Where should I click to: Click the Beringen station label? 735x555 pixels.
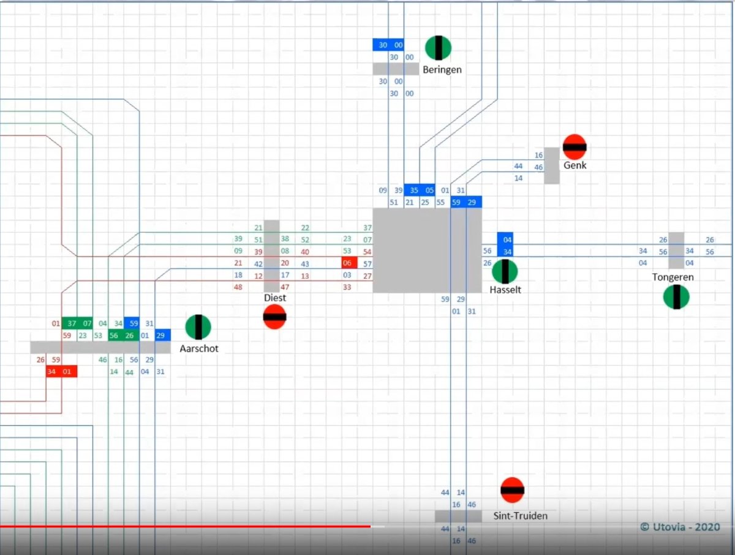pyautogui.click(x=442, y=70)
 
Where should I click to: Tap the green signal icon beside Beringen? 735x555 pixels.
pyautogui.click(x=439, y=48)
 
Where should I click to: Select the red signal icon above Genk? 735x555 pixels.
pyautogui.click(x=575, y=147)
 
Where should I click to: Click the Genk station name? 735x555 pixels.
pyautogui.click(x=575, y=165)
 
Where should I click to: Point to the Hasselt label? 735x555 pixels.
pyautogui.click(x=505, y=290)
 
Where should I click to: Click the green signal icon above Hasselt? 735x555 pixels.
pyautogui.click(x=505, y=271)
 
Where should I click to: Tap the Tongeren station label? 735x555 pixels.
pyautogui.click(x=673, y=277)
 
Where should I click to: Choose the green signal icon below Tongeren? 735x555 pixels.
pyautogui.click(x=676, y=297)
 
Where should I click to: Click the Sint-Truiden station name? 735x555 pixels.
pyautogui.click(x=520, y=516)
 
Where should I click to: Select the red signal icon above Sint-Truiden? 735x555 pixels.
pyautogui.click(x=512, y=490)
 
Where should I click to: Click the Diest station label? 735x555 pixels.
pyautogui.click(x=275, y=298)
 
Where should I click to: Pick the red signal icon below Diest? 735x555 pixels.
pyautogui.click(x=274, y=317)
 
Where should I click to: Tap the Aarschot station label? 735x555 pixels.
pyautogui.click(x=198, y=349)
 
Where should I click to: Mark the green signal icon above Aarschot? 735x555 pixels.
pyautogui.click(x=198, y=327)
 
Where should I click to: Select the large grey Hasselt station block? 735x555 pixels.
pyautogui.click(x=427, y=250)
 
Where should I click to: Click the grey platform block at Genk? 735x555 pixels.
pyautogui.click(x=552, y=165)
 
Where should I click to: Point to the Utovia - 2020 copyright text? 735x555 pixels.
pyautogui.click(x=680, y=527)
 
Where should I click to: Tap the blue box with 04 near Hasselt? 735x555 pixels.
pyautogui.click(x=505, y=240)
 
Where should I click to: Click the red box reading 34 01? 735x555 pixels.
pyautogui.click(x=61, y=371)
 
